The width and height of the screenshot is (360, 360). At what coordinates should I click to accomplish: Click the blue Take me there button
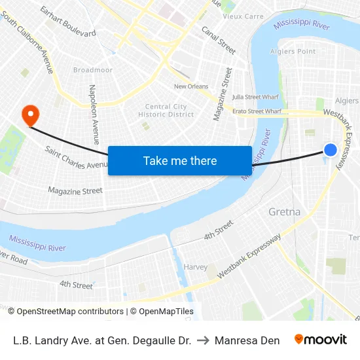tap(180, 160)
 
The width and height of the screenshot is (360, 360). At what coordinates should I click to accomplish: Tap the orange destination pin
tap(30, 116)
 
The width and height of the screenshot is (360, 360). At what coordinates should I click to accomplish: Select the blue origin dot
tap(331, 150)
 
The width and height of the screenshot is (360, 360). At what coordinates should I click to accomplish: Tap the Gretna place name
tap(285, 212)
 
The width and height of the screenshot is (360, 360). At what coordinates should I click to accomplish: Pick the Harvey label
tap(196, 267)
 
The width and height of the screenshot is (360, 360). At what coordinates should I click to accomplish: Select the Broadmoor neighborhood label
tap(93, 70)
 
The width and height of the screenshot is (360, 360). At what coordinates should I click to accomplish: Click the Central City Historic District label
tap(166, 111)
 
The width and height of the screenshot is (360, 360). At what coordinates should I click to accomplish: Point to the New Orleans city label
tap(191, 86)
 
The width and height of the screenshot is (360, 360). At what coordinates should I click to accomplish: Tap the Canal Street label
tap(219, 40)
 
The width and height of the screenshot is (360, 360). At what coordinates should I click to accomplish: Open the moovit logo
tap(321, 340)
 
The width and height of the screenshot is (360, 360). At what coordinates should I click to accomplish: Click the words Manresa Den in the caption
tap(247, 340)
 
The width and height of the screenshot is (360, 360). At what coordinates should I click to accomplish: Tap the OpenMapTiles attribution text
tap(166, 312)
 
